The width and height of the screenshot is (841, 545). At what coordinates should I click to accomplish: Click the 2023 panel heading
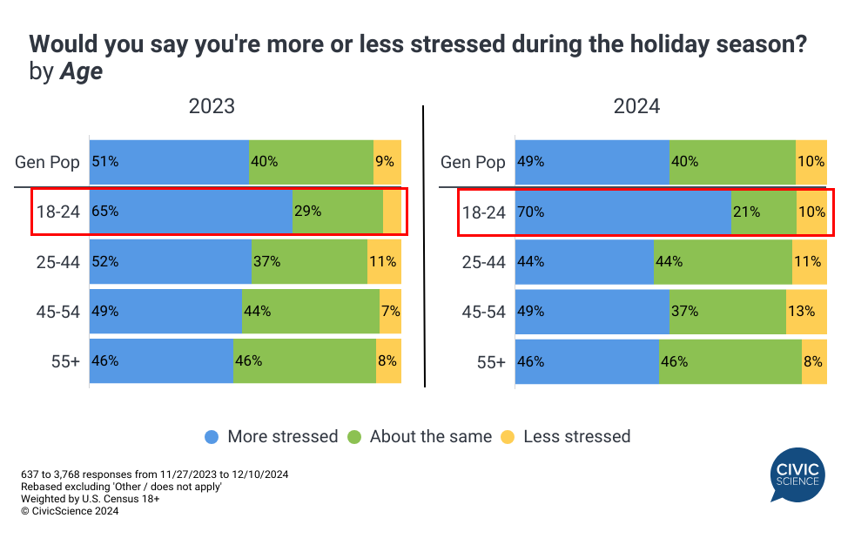[x=212, y=106]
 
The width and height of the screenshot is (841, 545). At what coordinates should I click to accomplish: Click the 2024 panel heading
[x=636, y=106]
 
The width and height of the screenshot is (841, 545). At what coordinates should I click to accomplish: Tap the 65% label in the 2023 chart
[x=104, y=211]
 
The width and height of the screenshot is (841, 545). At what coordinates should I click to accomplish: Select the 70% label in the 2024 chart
[x=530, y=211]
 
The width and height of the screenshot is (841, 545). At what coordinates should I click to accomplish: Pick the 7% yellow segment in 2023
[x=390, y=311]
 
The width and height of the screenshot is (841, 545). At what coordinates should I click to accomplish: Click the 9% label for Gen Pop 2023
[x=385, y=161]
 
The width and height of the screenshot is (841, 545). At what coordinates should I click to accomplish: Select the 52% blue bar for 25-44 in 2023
[x=171, y=261]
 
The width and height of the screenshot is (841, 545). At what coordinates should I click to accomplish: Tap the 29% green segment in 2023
[x=337, y=211]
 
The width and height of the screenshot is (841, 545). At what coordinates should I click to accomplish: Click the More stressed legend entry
[x=271, y=436]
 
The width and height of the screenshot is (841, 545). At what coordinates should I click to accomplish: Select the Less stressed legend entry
[x=567, y=436]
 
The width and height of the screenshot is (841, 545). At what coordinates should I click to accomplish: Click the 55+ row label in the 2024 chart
[x=490, y=361]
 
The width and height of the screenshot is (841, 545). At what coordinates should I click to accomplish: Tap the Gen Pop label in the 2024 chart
[x=473, y=162]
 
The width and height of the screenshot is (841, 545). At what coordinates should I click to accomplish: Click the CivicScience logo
[x=796, y=475]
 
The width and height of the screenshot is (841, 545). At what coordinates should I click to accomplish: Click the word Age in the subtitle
[x=81, y=72]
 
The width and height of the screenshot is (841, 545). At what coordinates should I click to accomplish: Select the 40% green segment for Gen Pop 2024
[x=732, y=161]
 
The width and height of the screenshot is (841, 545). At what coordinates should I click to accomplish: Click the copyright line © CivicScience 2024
[x=69, y=511]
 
